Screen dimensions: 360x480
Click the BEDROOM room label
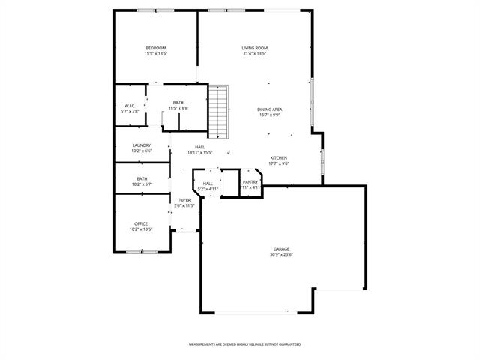click(x=156, y=48)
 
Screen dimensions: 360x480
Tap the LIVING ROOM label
click(x=255, y=48)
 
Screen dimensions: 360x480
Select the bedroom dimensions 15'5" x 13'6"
click(x=156, y=54)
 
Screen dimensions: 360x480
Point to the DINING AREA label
click(x=270, y=109)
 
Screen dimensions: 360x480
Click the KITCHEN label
click(x=279, y=157)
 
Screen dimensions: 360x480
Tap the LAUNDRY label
click(x=141, y=145)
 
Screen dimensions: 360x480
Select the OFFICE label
click(x=141, y=223)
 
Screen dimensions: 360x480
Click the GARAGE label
click(x=281, y=248)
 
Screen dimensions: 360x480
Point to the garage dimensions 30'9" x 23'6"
click(x=281, y=254)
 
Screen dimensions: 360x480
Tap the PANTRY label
click(x=250, y=181)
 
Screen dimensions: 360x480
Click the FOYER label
click(x=184, y=199)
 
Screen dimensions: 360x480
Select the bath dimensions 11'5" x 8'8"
click(x=178, y=109)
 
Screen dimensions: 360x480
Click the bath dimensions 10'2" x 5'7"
click(x=142, y=184)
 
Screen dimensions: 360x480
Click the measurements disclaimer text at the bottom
click(x=244, y=344)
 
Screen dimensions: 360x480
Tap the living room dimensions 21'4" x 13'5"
click(x=255, y=54)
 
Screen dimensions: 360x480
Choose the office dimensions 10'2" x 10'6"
click(x=141, y=229)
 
